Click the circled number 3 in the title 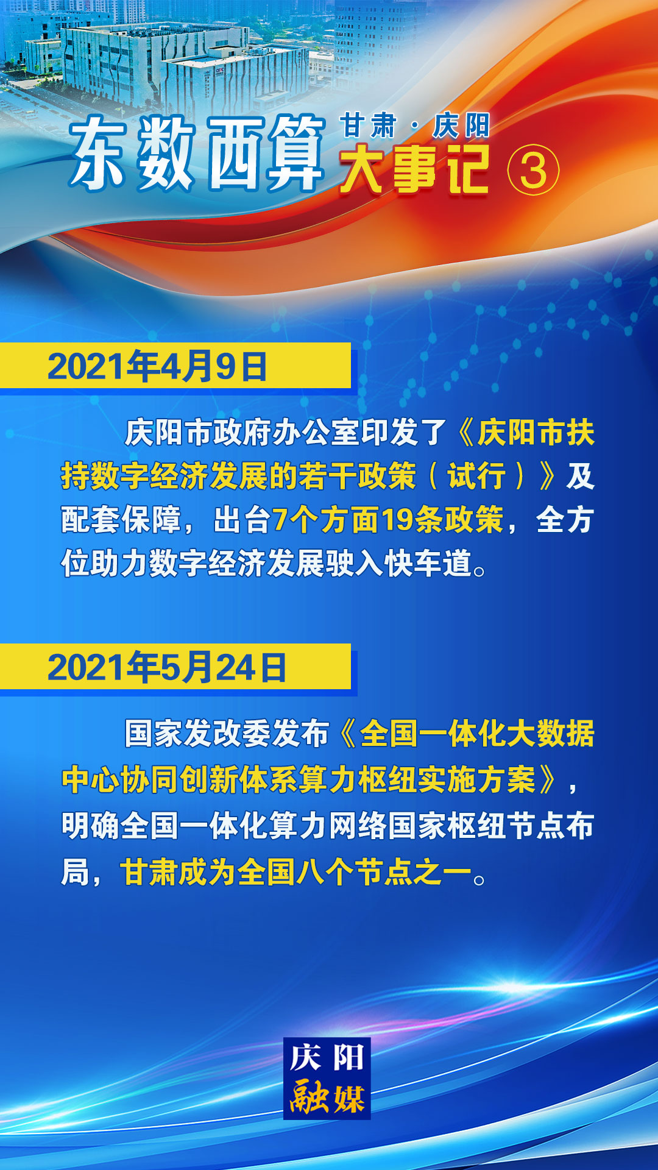point(533,171)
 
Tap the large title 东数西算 point(196,154)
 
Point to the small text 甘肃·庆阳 point(415,126)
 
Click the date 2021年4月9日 point(157,366)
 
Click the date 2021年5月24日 point(167,667)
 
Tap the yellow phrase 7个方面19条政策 point(388,520)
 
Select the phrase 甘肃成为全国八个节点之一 point(296,872)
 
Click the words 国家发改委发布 point(227,733)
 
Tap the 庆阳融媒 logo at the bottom point(327,1079)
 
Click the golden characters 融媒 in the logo point(327,1097)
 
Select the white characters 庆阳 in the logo point(327,1057)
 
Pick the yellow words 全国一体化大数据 point(477,733)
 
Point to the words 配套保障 point(121,520)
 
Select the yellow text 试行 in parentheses point(476,476)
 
